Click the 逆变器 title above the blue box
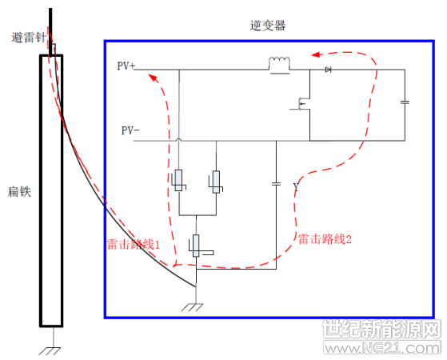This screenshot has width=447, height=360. click(x=267, y=26)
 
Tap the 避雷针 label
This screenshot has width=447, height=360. click(x=29, y=38)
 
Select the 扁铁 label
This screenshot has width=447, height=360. click(x=19, y=191)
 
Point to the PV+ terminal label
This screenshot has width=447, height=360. click(x=126, y=66)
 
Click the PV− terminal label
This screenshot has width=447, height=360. click(x=130, y=130)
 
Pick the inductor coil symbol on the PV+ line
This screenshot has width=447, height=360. click(x=279, y=65)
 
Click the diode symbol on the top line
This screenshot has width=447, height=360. click(x=328, y=70)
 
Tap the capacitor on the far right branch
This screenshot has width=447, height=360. click(x=405, y=102)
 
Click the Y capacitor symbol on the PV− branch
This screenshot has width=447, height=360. click(x=276, y=184)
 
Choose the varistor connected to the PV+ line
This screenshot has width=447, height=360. click(x=179, y=180)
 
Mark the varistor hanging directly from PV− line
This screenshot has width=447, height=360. click(x=216, y=182)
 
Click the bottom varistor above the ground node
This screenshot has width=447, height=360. click(x=196, y=246)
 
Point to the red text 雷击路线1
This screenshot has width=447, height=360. click(x=134, y=245)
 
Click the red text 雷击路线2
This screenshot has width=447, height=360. click(x=325, y=239)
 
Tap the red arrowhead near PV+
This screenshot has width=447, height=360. click(x=154, y=78)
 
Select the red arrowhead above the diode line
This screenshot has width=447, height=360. click(x=316, y=54)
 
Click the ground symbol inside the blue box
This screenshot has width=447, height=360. click(x=193, y=307)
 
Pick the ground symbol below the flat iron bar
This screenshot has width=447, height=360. click(x=50, y=351)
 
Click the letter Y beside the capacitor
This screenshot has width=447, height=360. click(x=296, y=187)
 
